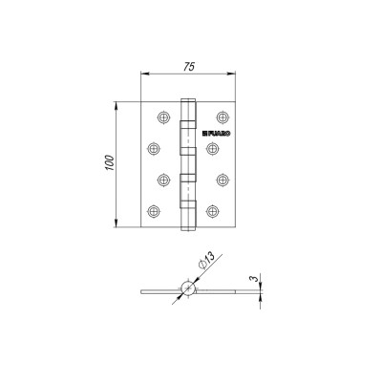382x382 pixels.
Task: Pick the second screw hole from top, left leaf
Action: click(153, 147)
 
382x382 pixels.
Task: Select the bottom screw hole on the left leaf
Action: click(153, 210)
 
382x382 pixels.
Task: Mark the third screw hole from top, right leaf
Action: click(221, 179)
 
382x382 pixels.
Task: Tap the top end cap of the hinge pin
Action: click(188, 97)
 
